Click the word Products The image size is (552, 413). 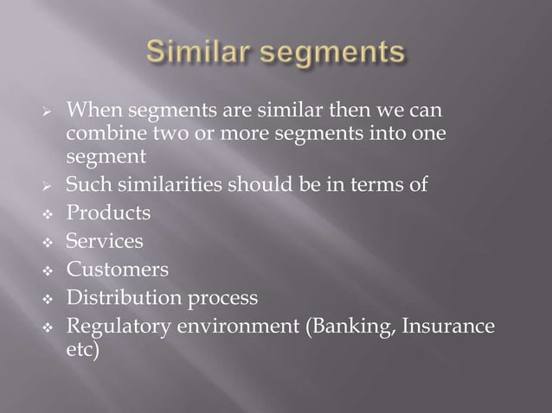pos(109,212)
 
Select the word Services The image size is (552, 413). pos(106,241)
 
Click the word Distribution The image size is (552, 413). pos(123,299)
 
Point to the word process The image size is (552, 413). pos(221,300)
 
